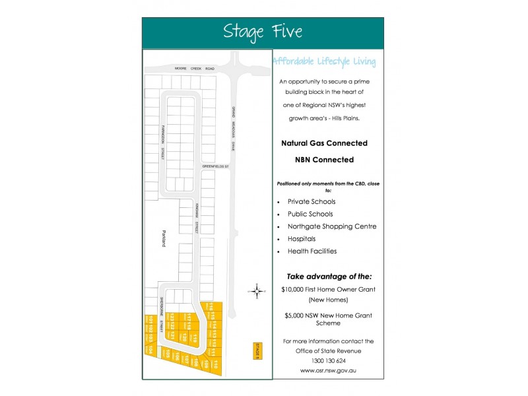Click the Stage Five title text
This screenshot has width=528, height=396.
pyautogui.click(x=263, y=32)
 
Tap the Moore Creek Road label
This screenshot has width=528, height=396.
pyautogui.click(x=195, y=68)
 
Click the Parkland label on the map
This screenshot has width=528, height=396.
pyautogui.click(x=163, y=238)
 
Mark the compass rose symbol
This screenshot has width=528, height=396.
pyautogui.click(x=257, y=290)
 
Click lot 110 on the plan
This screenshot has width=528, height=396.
pyautogui.click(x=216, y=362)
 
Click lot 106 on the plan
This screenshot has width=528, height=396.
pyautogui.click(x=177, y=357)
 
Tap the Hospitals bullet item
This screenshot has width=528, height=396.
pyautogui.click(x=302, y=239)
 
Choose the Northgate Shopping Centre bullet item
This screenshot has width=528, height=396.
pyautogui.click(x=331, y=226)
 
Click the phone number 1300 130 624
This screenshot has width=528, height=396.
pyautogui.click(x=327, y=360)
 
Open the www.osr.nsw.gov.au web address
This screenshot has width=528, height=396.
pyautogui.click(x=327, y=370)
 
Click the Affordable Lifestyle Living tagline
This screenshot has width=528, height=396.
pyautogui.click(x=324, y=62)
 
